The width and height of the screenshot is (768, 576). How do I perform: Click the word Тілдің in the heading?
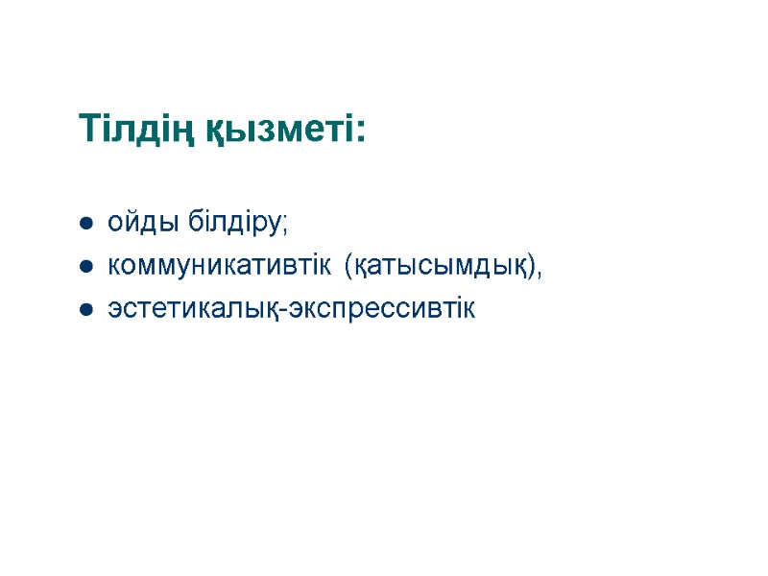click(134, 129)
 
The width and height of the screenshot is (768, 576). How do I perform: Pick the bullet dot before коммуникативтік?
click(85, 268)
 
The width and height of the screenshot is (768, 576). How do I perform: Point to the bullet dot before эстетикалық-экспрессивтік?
click(85, 310)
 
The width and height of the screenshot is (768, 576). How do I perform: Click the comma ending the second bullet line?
click(540, 275)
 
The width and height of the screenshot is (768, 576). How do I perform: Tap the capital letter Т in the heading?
click(88, 128)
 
